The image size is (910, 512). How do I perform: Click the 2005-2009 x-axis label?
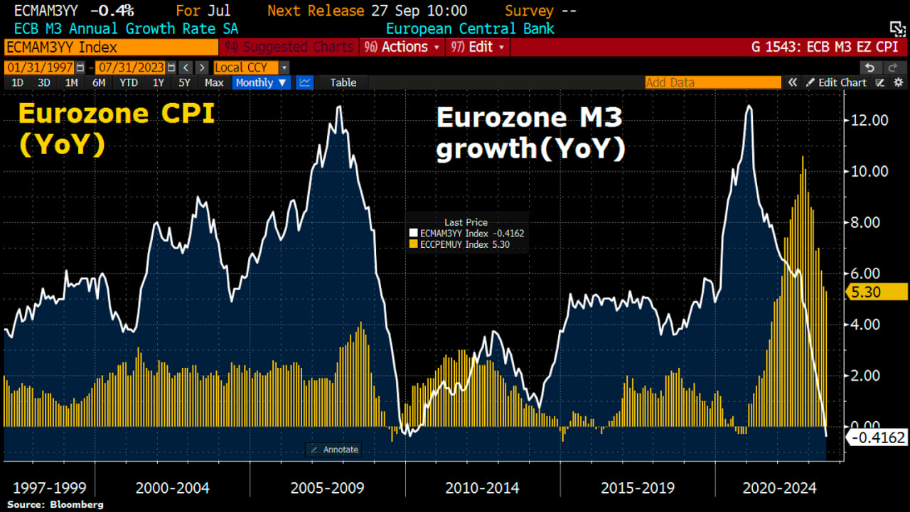[327, 488]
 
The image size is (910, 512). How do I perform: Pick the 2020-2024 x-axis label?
[779, 488]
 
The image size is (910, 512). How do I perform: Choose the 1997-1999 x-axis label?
[49, 488]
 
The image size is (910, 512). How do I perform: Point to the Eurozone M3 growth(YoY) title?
[530, 133]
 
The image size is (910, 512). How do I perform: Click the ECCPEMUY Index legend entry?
[459, 244]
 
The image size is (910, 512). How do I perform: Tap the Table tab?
[343, 82]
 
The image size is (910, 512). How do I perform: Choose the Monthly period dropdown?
[261, 82]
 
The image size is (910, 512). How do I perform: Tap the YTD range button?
[129, 82]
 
